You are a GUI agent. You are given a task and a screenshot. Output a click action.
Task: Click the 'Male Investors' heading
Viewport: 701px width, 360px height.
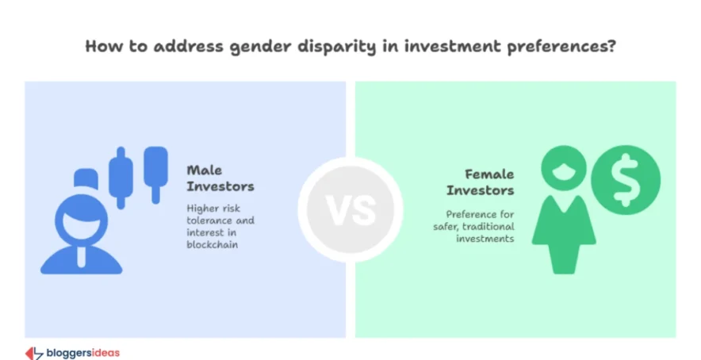220,178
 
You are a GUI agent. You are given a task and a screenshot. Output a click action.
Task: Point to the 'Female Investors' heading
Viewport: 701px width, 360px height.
480,182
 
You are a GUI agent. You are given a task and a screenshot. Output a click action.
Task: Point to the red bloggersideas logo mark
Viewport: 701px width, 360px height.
34,351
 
